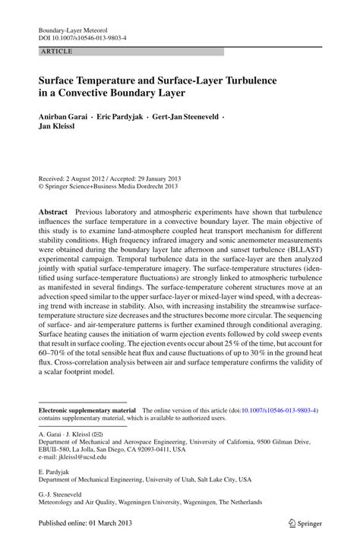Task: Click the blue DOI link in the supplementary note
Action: pyautogui.click(x=278, y=409)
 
